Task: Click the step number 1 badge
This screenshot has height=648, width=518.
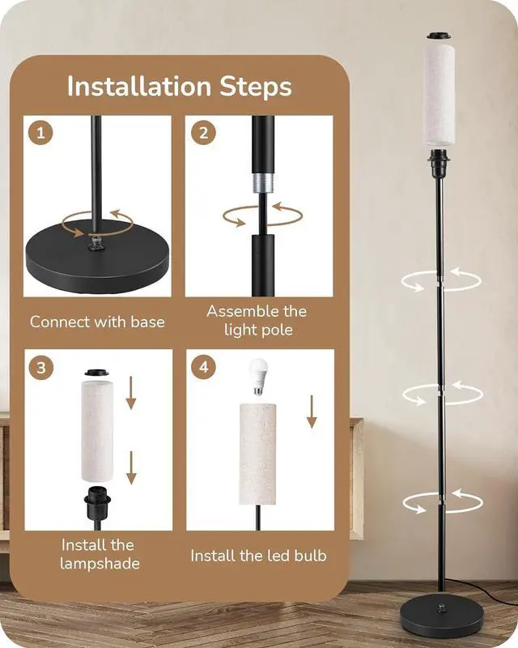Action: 38,131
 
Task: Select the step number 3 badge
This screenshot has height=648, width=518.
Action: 40,367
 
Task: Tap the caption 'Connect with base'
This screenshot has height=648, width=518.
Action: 97,322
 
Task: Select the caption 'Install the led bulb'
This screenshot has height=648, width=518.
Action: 258,556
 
